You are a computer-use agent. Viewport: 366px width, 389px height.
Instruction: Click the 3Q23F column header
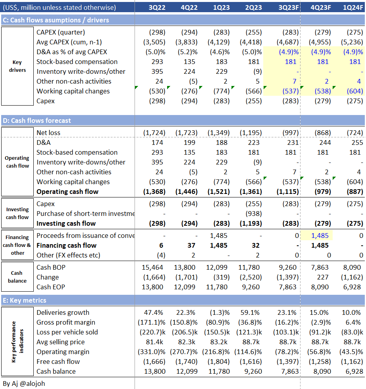pos(288,7)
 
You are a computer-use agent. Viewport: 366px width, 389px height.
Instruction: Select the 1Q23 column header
pos(222,7)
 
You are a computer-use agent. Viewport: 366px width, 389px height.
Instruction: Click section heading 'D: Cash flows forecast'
pos(37,121)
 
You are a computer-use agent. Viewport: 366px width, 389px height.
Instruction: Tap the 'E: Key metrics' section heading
pos(24,300)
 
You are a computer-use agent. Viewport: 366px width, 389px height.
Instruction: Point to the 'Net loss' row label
pos(48,133)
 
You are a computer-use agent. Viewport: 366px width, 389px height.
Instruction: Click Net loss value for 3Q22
pos(155,133)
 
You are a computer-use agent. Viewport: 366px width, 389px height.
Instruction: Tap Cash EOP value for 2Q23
pos(251,287)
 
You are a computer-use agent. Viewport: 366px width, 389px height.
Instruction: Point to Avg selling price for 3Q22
pos(157,342)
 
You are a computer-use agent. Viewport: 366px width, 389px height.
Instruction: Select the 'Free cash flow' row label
pos(58,362)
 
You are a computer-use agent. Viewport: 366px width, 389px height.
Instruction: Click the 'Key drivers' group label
pos(17,66)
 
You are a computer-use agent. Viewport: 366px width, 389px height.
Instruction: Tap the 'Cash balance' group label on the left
pos(17,277)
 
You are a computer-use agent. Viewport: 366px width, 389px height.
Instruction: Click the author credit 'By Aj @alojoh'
pos(24,384)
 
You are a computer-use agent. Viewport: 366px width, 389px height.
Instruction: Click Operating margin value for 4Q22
pos(184,352)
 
